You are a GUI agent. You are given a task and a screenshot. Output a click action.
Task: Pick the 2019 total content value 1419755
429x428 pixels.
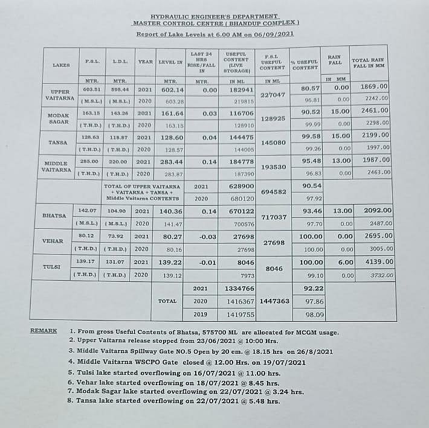click(241, 314)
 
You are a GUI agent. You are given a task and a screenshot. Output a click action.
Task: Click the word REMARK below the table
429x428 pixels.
click(44, 331)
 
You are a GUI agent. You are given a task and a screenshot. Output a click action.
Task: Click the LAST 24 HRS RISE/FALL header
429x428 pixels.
click(202, 62)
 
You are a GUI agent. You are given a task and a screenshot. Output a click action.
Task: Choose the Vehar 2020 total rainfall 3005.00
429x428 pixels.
click(375, 248)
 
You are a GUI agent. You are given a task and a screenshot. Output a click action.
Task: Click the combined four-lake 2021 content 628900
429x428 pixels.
click(241, 187)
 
